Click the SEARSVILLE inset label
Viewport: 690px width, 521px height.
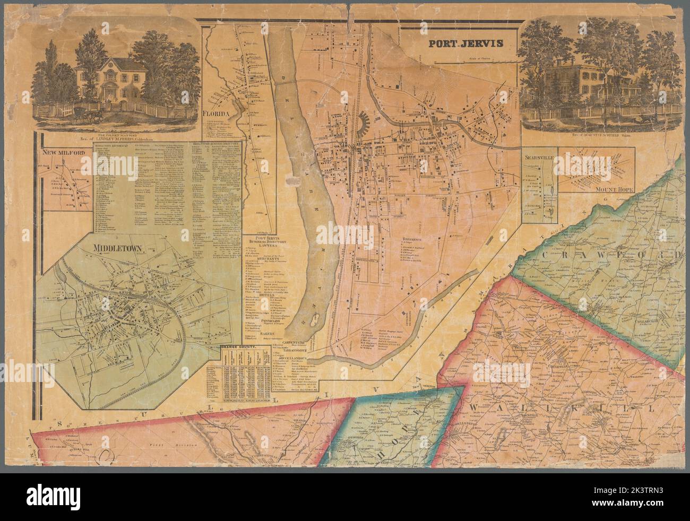539,158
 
